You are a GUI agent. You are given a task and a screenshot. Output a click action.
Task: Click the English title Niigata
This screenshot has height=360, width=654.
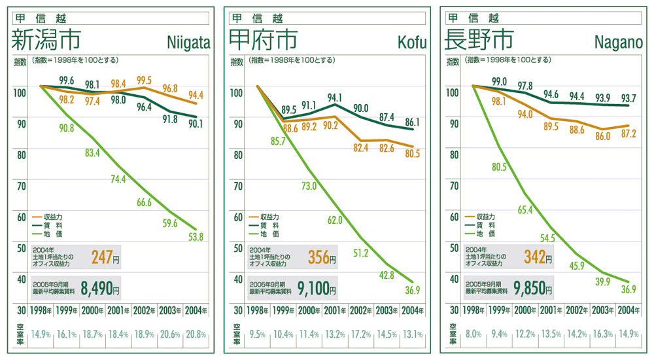(x=188, y=43)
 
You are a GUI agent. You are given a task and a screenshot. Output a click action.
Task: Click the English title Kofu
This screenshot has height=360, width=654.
(x=411, y=43)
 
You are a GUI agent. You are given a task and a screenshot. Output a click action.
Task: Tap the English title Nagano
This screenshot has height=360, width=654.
(x=620, y=43)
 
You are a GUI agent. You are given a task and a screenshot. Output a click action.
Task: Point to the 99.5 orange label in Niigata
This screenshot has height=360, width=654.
(x=144, y=80)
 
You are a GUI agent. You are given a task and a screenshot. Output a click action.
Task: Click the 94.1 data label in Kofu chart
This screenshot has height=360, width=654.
(x=335, y=98)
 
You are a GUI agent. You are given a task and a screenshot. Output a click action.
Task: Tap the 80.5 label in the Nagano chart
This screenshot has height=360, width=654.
(x=500, y=167)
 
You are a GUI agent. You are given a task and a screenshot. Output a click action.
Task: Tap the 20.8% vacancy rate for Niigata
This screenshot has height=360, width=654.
(x=196, y=334)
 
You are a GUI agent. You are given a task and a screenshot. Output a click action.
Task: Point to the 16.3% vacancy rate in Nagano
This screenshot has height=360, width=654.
(x=603, y=334)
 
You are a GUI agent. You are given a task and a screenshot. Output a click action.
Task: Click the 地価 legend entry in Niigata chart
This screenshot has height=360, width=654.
(x=52, y=234)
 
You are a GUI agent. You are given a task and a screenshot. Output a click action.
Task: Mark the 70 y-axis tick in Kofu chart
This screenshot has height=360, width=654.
(x=237, y=186)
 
